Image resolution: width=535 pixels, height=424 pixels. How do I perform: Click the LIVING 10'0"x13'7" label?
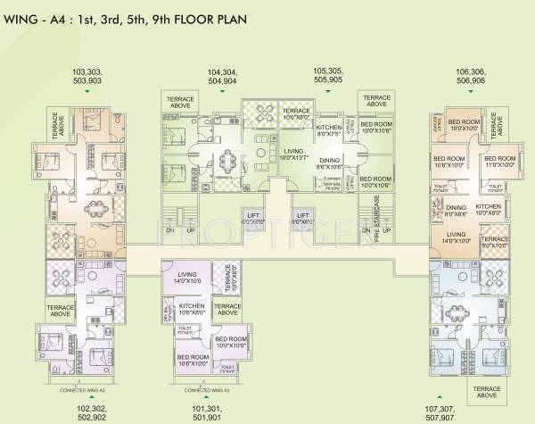click(x=295, y=154)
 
